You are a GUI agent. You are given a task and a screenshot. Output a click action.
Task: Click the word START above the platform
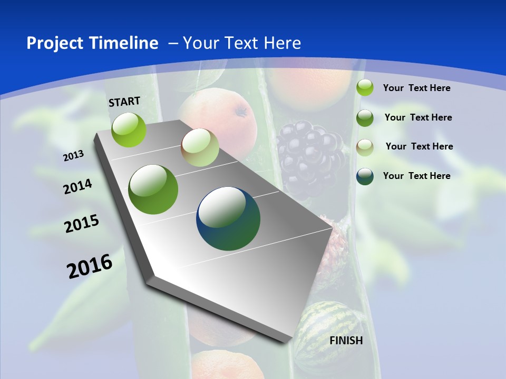point(124,102)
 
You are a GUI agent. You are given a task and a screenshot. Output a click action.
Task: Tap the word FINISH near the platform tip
point(346,341)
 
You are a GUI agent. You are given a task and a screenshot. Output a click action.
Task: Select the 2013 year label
point(74,155)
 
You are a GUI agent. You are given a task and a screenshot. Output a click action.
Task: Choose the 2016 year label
point(90,266)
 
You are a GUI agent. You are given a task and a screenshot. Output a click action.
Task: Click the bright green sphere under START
point(129,129)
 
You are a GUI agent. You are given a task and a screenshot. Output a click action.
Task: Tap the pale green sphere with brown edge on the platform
point(200,147)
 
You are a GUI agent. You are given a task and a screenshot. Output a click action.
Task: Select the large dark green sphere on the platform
point(153,189)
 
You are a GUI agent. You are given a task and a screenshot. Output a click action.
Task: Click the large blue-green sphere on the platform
point(228,218)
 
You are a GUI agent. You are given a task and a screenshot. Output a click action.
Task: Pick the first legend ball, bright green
point(365,88)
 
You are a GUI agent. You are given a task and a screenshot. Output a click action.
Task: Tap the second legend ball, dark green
point(365,118)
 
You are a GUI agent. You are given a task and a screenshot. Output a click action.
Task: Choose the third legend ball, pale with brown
point(365,147)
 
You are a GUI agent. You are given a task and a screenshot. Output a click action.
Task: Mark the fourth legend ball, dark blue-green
point(365,176)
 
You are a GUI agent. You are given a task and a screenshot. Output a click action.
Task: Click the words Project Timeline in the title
point(92,43)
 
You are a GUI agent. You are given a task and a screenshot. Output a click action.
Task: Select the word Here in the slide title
point(282,43)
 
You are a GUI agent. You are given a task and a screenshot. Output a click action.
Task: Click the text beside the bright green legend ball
point(416,88)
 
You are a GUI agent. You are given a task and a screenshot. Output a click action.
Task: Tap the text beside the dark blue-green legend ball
point(416,176)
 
